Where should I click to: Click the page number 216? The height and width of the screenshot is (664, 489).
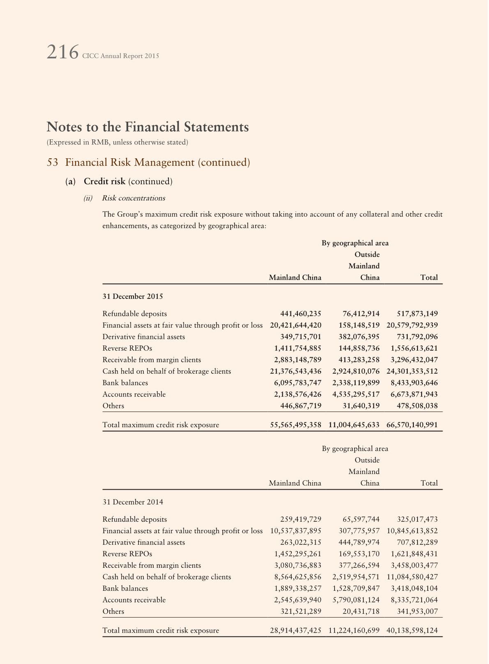pyautogui.click(x=62, y=53)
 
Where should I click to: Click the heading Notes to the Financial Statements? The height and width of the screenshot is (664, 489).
pyautogui.click(x=148, y=127)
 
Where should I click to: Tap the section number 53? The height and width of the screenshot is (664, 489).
pyautogui.click(x=53, y=162)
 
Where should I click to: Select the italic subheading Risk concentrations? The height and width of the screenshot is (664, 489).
pyautogui.click(x=134, y=198)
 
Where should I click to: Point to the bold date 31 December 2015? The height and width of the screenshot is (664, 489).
pyautogui.click(x=133, y=296)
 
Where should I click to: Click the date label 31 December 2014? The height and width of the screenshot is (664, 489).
pyautogui.click(x=133, y=502)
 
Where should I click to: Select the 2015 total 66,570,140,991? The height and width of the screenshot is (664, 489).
pyautogui.click(x=412, y=425)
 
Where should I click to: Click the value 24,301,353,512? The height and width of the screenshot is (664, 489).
pyautogui.click(x=412, y=371)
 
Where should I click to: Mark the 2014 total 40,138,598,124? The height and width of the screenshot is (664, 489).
pyautogui.click(x=412, y=630)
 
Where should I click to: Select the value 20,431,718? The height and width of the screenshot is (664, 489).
pyautogui.click(x=361, y=611)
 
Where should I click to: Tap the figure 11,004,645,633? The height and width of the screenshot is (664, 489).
pyautogui.click(x=354, y=425)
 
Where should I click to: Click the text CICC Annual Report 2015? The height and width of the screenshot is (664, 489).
pyautogui.click(x=120, y=56)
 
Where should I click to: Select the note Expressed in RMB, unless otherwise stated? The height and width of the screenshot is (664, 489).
pyautogui.click(x=118, y=142)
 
